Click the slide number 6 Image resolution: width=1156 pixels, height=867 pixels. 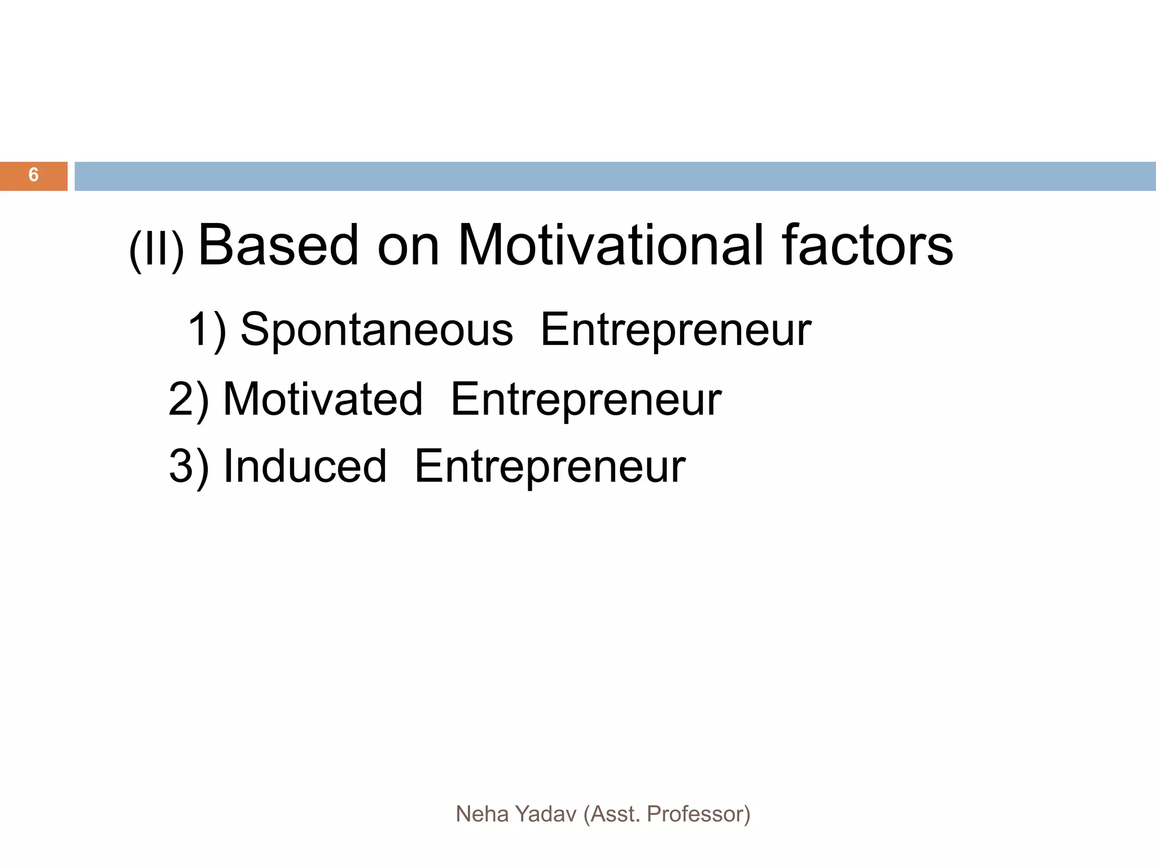click(x=34, y=175)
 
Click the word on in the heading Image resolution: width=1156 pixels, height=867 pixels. click(x=408, y=248)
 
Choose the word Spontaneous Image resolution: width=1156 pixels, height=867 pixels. click(x=377, y=330)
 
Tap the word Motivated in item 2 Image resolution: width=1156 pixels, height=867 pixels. click(x=323, y=399)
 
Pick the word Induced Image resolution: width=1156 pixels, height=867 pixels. click(x=305, y=466)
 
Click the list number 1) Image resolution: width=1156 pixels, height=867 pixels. click(x=207, y=330)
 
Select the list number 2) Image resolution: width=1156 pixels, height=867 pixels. click(x=189, y=400)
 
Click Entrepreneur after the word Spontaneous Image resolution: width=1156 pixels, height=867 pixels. click(x=676, y=330)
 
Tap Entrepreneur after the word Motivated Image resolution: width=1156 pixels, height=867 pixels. click(x=586, y=400)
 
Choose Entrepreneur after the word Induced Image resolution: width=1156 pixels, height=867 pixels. click(x=550, y=467)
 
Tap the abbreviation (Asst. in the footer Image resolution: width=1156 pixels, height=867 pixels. click(x=612, y=814)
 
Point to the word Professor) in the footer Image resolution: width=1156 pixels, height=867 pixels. click(x=698, y=814)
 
